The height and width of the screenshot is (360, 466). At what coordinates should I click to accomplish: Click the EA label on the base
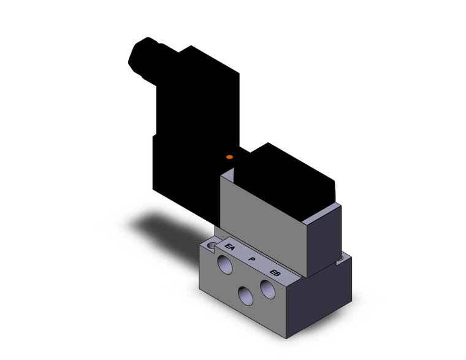coord(231,248)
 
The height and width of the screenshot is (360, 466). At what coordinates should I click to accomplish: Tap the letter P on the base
coord(251,260)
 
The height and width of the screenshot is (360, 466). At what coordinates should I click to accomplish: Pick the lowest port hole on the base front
coord(246,296)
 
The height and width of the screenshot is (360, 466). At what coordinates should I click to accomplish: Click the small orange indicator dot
coord(229,158)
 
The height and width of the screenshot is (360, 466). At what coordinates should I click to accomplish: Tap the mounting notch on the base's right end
coord(341,264)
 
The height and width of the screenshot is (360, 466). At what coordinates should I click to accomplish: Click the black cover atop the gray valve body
coord(285,175)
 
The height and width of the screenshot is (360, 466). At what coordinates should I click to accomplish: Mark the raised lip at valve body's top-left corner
coord(226,178)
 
